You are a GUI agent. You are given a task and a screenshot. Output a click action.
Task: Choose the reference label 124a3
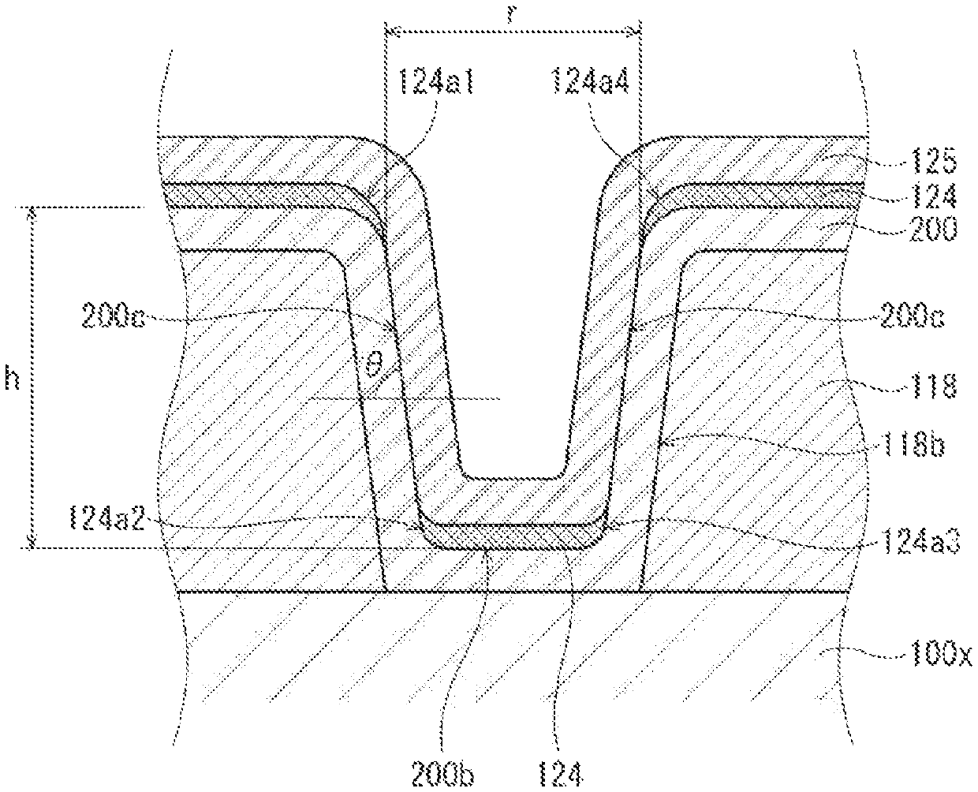[x=921, y=541]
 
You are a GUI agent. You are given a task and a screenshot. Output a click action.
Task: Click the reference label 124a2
[x=107, y=518]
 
